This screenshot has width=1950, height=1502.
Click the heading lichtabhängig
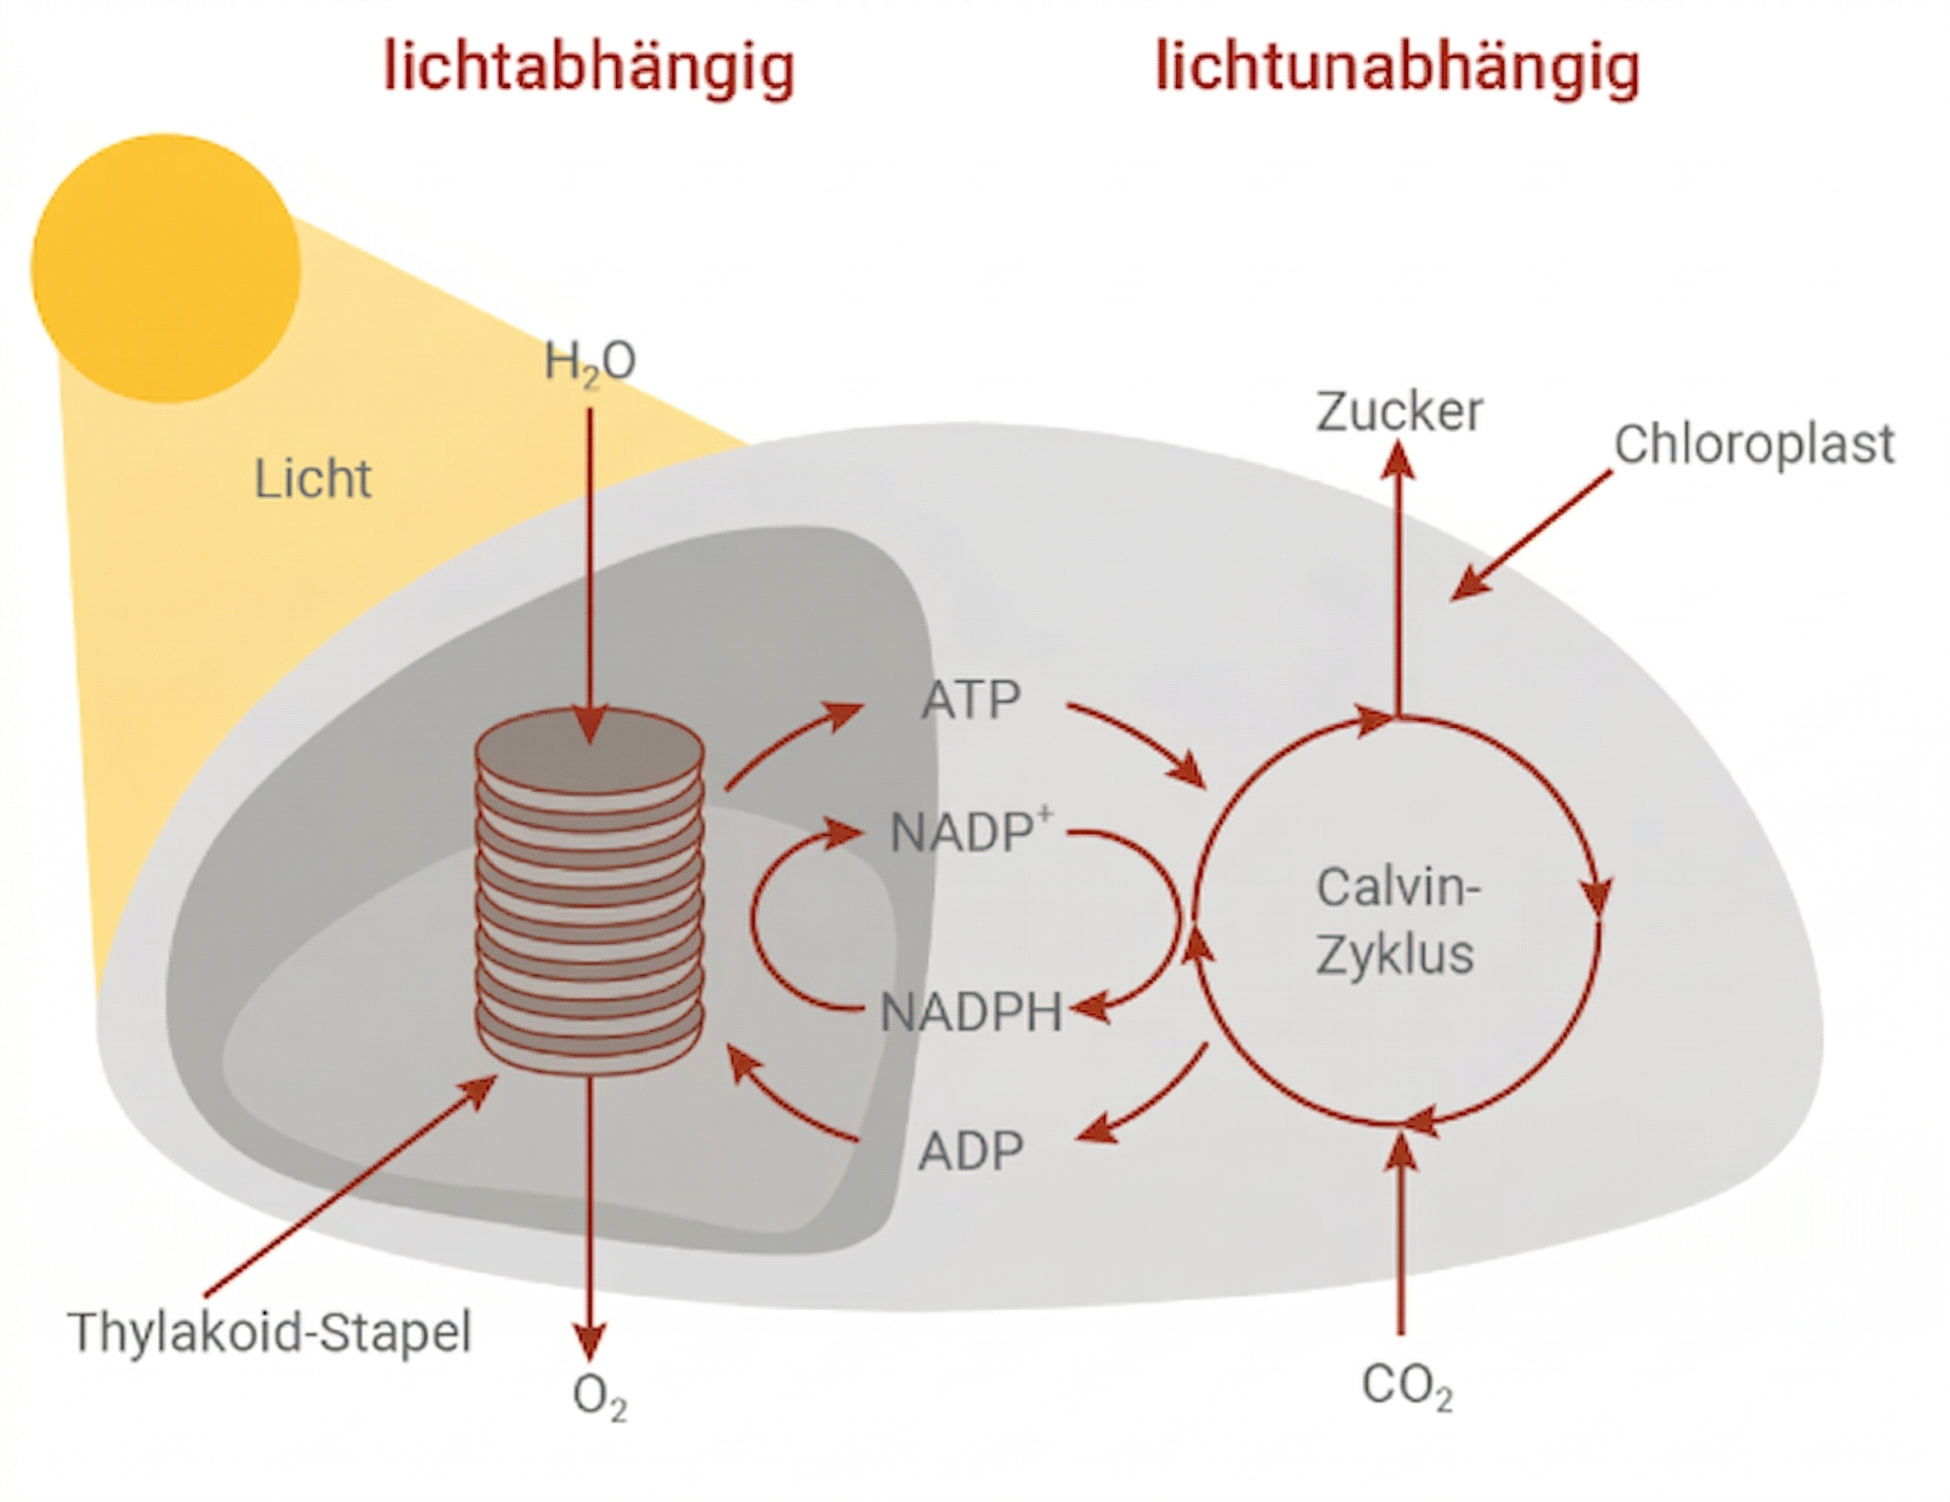click(x=589, y=68)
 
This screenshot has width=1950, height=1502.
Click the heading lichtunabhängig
click(x=1397, y=68)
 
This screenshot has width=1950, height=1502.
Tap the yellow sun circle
click(x=166, y=268)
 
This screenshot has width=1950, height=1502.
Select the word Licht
click(x=312, y=479)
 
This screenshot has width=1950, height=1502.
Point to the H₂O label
click(x=590, y=362)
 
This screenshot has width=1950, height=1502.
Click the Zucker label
click(x=1399, y=413)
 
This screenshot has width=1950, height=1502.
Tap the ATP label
click(x=971, y=700)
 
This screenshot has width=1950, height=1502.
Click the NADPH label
click(x=971, y=1013)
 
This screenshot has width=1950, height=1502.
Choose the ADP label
click(x=971, y=1151)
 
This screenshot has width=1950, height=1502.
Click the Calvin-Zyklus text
click(x=1397, y=921)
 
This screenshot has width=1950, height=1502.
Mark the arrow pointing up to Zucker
click(x=1399, y=581)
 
